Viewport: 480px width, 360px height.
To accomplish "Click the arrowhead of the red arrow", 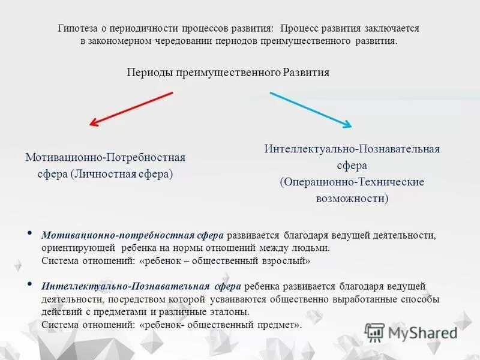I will pos(94,124).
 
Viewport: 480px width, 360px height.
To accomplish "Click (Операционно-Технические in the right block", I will pos(352,181).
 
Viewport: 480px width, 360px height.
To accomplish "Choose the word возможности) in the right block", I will pos(352,198).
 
